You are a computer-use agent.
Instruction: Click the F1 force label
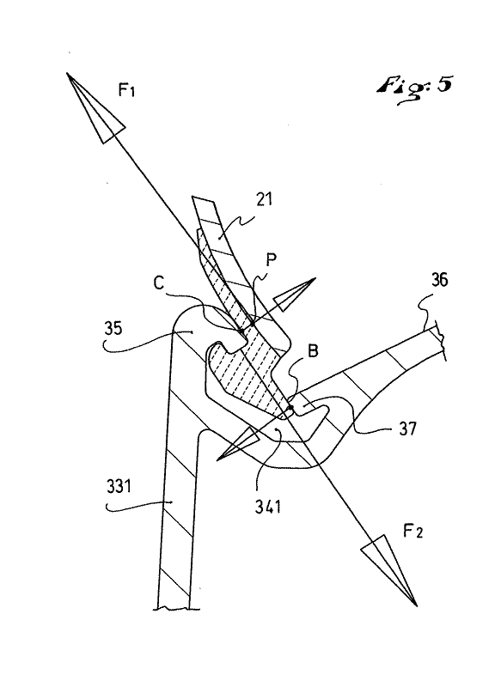pos(126,90)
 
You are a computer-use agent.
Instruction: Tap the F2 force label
pos(412,532)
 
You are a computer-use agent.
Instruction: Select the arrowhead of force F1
pos(95,107)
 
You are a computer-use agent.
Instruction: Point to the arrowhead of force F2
pos(389,569)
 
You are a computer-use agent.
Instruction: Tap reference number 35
pos(113,329)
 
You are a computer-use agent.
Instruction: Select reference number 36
pos(439,280)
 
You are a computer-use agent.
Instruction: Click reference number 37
pos(407,428)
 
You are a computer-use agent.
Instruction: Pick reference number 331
pos(119,486)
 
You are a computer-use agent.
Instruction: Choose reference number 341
pos(268,507)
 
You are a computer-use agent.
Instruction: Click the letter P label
pos(272,260)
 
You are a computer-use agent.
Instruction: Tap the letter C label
pos(159,283)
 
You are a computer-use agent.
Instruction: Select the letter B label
pos(313,351)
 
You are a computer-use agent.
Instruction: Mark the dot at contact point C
pos(241,331)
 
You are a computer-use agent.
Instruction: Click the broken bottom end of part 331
pos(174,607)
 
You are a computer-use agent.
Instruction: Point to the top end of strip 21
pos(204,199)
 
